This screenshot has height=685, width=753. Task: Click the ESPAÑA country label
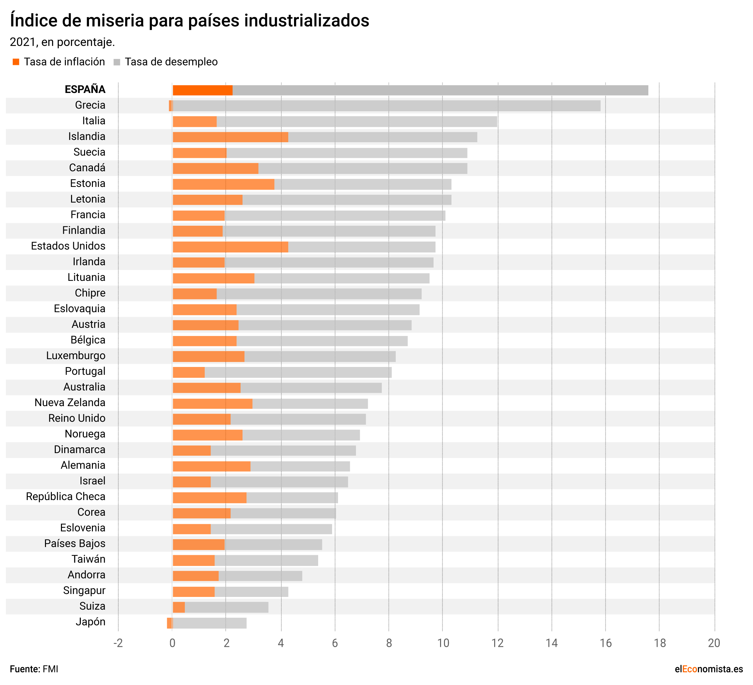85,90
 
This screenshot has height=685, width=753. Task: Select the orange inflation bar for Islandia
230,137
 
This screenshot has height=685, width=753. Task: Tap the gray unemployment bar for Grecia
387,106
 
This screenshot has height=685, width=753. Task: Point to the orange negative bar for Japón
170,623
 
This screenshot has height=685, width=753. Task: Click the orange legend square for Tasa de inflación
16,62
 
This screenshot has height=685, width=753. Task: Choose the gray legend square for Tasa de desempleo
117,62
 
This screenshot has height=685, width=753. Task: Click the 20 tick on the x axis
714,643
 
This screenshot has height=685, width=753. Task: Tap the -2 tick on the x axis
118,643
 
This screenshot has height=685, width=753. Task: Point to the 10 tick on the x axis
443,643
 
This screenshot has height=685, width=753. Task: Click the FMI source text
51,669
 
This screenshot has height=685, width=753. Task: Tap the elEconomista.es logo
709,669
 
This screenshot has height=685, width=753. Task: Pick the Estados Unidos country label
68,246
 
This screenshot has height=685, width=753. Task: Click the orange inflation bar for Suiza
179,607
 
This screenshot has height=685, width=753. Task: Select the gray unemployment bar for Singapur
251,592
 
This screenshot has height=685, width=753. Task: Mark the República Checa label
66,497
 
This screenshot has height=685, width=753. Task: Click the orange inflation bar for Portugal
189,372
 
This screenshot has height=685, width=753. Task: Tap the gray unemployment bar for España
440,90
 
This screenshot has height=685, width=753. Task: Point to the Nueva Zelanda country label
70,403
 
